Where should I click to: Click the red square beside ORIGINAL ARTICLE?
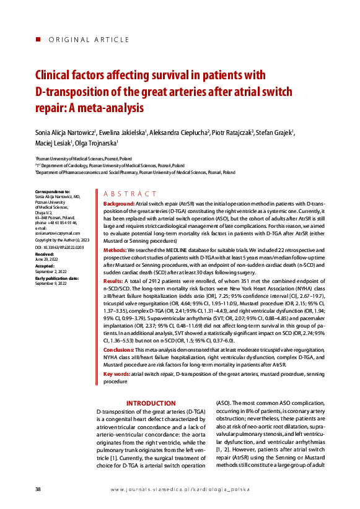pos(38,40)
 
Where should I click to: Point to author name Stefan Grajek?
pos(275,133)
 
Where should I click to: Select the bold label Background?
pos(118,204)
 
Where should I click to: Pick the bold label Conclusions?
pos(122,350)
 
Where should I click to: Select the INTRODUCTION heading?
pos(151,403)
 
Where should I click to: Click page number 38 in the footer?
pos(38,489)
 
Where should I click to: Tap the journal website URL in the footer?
pos(180,489)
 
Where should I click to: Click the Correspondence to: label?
pos(53,192)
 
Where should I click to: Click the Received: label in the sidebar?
pos(45,254)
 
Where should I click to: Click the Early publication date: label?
pos(57,278)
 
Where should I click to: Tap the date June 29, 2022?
pos(47,259)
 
